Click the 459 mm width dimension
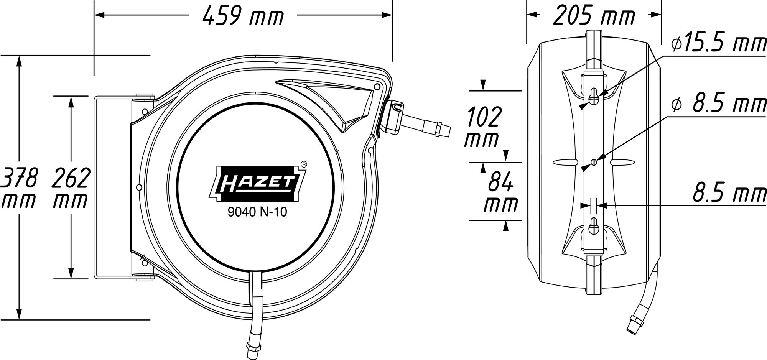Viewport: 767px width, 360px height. click(243, 16)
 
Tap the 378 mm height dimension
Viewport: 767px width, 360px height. click(19, 187)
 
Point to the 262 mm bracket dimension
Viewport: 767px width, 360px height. click(71, 187)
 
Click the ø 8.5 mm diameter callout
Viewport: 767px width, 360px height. click(719, 104)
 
